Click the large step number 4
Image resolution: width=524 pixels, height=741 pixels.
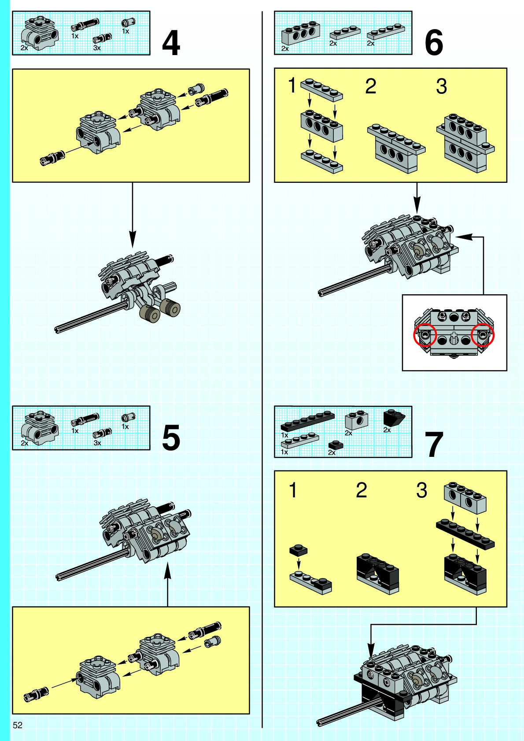171,43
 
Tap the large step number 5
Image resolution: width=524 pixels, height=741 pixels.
171,437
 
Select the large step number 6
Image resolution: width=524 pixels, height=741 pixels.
433,43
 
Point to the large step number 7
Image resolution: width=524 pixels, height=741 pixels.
433,445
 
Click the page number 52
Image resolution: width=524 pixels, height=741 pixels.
18,725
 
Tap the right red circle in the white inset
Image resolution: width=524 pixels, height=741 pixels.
483,334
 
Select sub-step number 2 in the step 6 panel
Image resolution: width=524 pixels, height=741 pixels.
371,86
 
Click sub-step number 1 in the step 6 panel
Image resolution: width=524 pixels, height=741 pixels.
292,85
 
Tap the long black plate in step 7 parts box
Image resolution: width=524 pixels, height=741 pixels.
307,420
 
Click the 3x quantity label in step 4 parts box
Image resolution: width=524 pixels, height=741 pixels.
97,48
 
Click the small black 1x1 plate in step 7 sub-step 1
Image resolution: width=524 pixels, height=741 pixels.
298,550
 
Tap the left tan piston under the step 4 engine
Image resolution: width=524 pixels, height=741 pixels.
150,312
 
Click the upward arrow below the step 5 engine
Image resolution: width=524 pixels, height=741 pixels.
168,584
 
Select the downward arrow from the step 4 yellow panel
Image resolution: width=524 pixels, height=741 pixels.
132,215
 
